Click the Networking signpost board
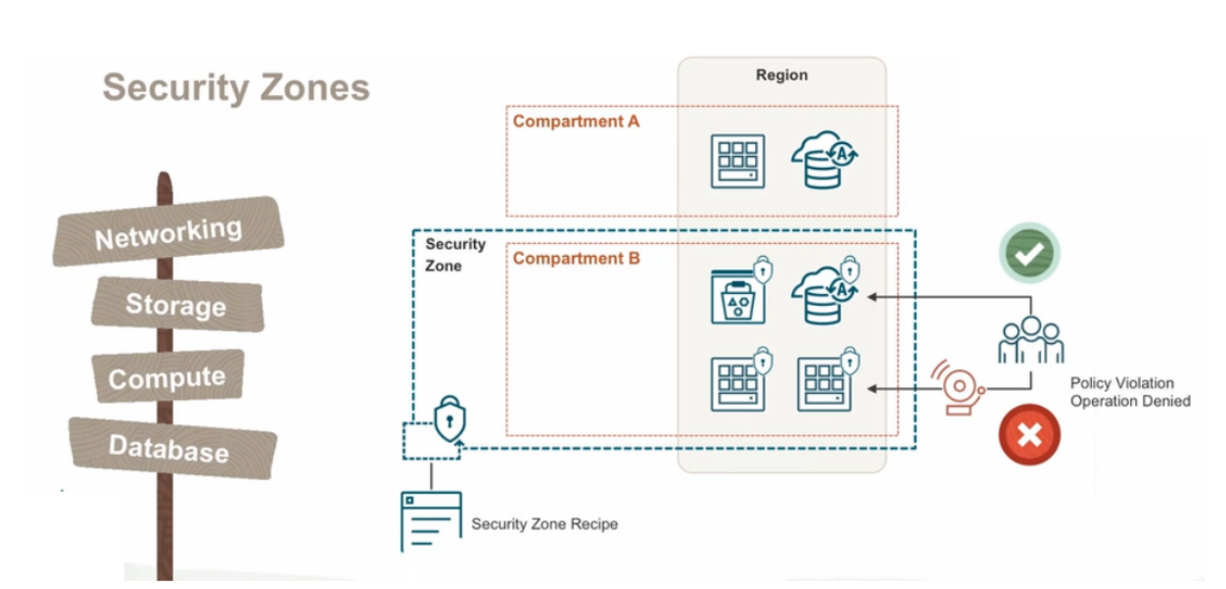[x=168, y=231]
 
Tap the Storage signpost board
[x=176, y=304]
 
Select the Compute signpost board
[x=167, y=376]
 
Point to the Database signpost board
[x=170, y=448]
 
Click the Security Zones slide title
[x=236, y=87]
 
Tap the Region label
[x=781, y=74]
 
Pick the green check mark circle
[x=1029, y=253]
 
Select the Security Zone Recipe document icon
[x=431, y=519]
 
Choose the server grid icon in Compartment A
[x=737, y=161]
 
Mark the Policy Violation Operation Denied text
[x=1130, y=392]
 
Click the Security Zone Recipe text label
[x=544, y=524]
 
